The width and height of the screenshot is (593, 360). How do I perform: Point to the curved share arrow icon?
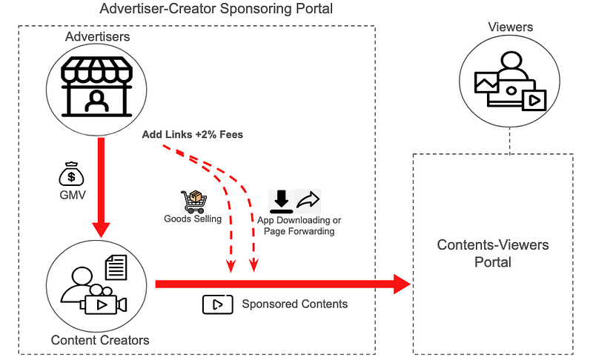pos(308,200)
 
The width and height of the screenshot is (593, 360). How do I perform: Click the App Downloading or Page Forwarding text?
pos(299,226)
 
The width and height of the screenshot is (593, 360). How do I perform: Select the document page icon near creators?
pos(116,267)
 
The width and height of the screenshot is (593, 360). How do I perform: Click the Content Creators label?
pos(100,341)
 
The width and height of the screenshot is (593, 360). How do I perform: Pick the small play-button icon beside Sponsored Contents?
pos(213,304)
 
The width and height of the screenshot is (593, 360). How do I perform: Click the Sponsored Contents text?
pos(295,304)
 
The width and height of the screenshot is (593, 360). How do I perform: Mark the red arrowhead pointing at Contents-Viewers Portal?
pos(401,283)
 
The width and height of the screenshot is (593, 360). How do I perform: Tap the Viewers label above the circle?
pos(510,27)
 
